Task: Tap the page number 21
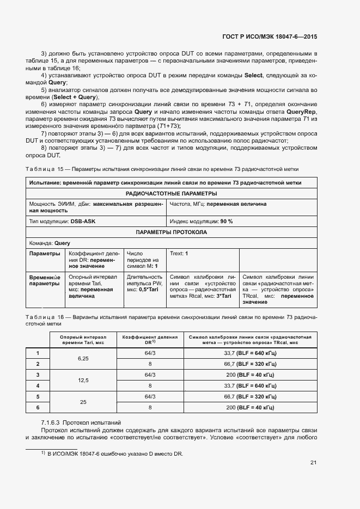(x=313, y=463)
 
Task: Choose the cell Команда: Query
(x=50, y=243)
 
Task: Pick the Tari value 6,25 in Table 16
(x=83, y=359)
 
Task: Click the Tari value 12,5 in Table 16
(x=83, y=381)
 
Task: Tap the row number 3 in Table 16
(x=38, y=375)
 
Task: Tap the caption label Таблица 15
(x=41, y=169)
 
